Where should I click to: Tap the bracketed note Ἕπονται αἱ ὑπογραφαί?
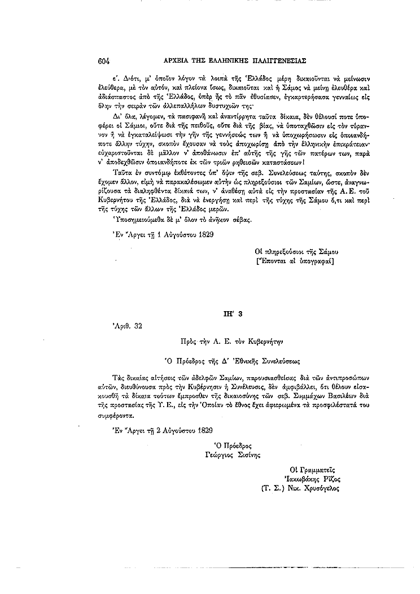295,261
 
